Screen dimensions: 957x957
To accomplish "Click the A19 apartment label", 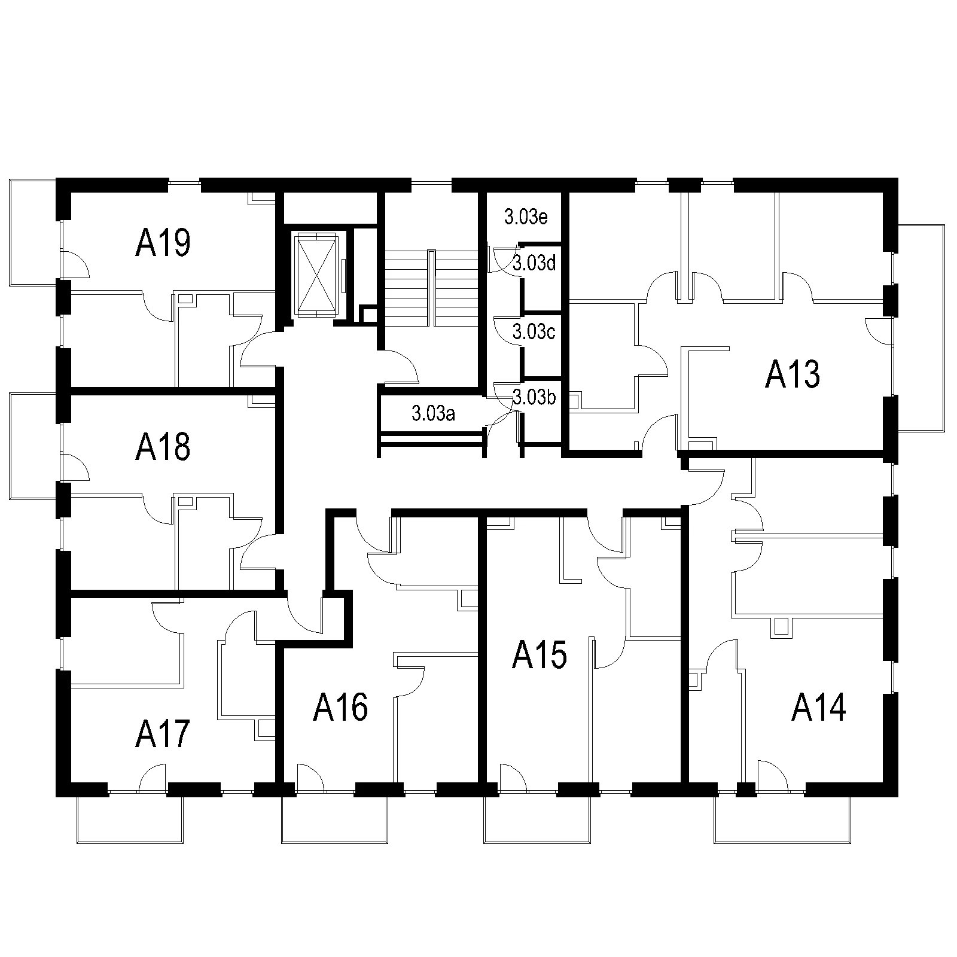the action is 163,243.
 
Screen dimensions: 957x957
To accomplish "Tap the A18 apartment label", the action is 163,447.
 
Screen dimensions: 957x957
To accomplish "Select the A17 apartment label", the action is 163,734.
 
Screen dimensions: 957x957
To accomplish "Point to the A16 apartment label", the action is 340,708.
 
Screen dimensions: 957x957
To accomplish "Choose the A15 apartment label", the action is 540,656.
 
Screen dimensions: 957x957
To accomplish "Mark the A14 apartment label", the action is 819,708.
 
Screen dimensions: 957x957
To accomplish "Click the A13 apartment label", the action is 793,375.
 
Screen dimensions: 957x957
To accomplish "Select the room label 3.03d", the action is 535,263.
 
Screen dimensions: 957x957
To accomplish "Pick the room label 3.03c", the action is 534,331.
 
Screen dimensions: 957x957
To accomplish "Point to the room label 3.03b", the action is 535,397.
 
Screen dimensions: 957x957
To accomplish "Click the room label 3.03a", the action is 434,413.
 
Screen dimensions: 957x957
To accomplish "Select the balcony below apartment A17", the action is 130,820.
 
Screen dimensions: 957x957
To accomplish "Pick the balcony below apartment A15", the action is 537,820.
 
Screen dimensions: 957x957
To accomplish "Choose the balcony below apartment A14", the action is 782,820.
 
